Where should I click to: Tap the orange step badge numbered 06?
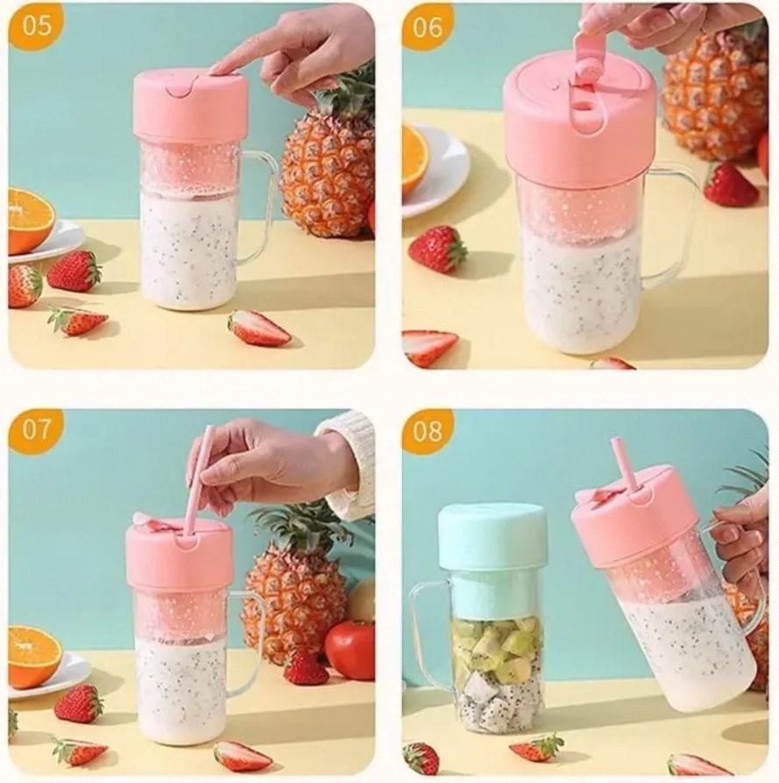point(427,27)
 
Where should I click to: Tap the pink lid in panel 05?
point(190,106)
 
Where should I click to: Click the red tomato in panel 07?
point(350,650)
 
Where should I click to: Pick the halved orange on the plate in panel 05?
point(29,221)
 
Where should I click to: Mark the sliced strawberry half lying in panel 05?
point(258,328)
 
